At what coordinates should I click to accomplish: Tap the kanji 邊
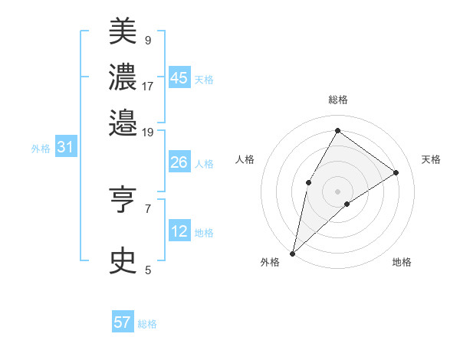point(123,122)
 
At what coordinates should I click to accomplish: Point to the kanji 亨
point(123,201)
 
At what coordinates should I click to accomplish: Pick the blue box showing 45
point(179,78)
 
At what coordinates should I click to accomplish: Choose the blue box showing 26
point(179,162)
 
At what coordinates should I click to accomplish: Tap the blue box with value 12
point(179,231)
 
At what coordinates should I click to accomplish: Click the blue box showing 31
point(65,148)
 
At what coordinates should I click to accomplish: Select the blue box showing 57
point(123,322)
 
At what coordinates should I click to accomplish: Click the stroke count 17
point(148,86)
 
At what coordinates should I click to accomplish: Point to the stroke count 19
point(148,132)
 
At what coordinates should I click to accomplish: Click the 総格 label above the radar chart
point(337,100)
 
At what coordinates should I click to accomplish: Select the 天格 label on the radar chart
point(431,159)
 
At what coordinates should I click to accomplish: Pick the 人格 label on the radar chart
point(245,159)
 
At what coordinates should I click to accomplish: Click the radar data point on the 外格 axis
point(293,253)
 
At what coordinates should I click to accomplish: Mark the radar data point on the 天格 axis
point(396,172)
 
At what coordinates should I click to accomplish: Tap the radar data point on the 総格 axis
point(337,129)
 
